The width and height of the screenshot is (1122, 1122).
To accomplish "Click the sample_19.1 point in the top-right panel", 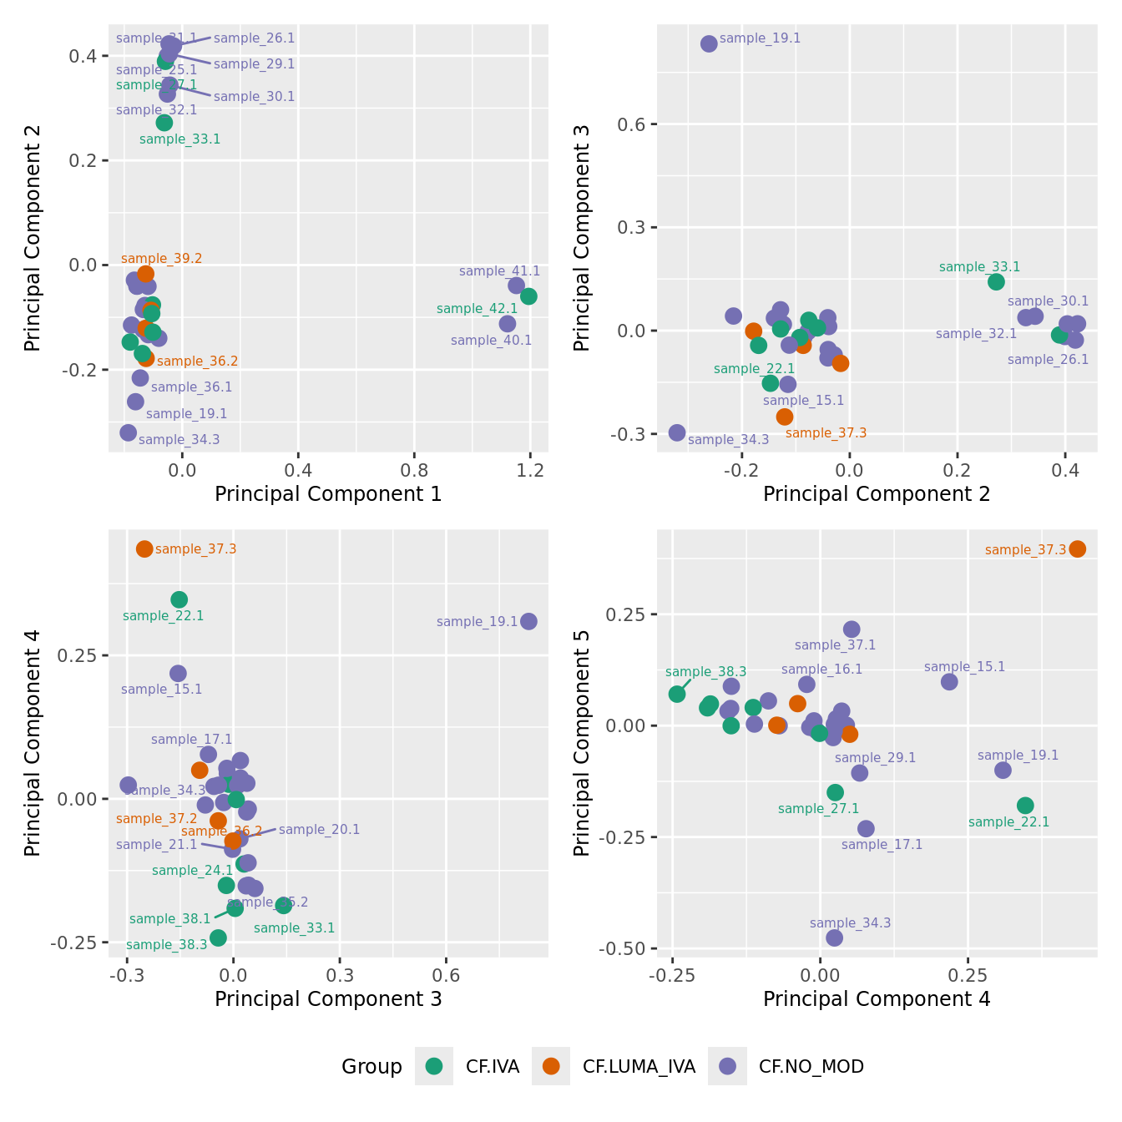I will [709, 43].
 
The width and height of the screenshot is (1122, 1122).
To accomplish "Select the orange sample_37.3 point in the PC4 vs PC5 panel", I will [1078, 548].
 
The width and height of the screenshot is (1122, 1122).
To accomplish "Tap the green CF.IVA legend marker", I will [434, 1066].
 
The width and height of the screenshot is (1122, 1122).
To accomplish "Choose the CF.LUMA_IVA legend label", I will [639, 1067].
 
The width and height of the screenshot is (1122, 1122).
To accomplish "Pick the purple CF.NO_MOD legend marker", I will [727, 1066].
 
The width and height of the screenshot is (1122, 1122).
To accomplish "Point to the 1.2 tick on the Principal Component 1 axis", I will [530, 471].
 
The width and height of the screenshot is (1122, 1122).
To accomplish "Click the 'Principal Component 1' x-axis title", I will [328, 494].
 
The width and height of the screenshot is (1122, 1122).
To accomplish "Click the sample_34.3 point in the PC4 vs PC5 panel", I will [834, 938].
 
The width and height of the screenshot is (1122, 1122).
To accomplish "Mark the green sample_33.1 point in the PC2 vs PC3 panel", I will [996, 281].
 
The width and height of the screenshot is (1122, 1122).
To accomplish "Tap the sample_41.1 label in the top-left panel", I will [499, 271].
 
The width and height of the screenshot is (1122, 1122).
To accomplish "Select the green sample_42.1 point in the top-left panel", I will [528, 296].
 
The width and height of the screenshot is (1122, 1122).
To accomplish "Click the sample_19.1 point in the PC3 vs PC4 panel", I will [528, 621].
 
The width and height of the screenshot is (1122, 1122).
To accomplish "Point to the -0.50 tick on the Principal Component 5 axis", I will [628, 949].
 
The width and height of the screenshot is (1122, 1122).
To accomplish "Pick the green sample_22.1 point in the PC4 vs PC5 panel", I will [1025, 806].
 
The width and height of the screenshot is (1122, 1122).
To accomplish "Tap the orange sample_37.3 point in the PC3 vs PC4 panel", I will [144, 548].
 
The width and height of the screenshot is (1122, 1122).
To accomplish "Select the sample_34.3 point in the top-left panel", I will [128, 432].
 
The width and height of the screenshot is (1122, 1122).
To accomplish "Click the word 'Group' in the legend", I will [371, 1067].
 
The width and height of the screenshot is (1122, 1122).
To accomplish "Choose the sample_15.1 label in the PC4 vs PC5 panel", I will [964, 667].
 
